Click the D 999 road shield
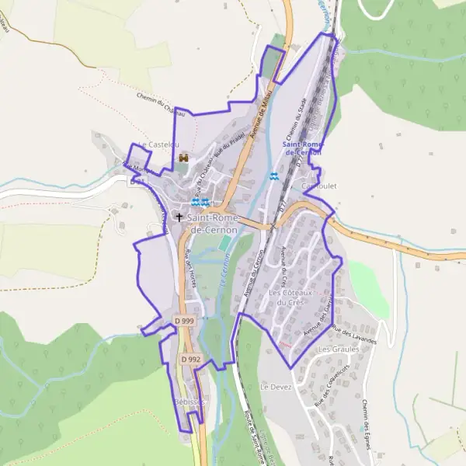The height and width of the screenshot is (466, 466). tap(185, 320)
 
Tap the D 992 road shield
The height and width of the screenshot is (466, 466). tap(191, 360)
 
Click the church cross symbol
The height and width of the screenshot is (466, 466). tap(179, 218)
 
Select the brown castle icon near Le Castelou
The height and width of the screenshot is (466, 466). tap(183, 158)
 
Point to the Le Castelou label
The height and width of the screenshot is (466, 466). tap(158, 144)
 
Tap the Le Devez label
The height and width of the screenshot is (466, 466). tap(275, 386)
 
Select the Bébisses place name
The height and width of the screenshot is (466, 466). tap(190, 402)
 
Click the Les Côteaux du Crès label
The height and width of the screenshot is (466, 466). tap(290, 297)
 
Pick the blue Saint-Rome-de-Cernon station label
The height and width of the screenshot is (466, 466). tap(301, 148)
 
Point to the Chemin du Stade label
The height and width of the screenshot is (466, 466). tap(292, 125)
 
